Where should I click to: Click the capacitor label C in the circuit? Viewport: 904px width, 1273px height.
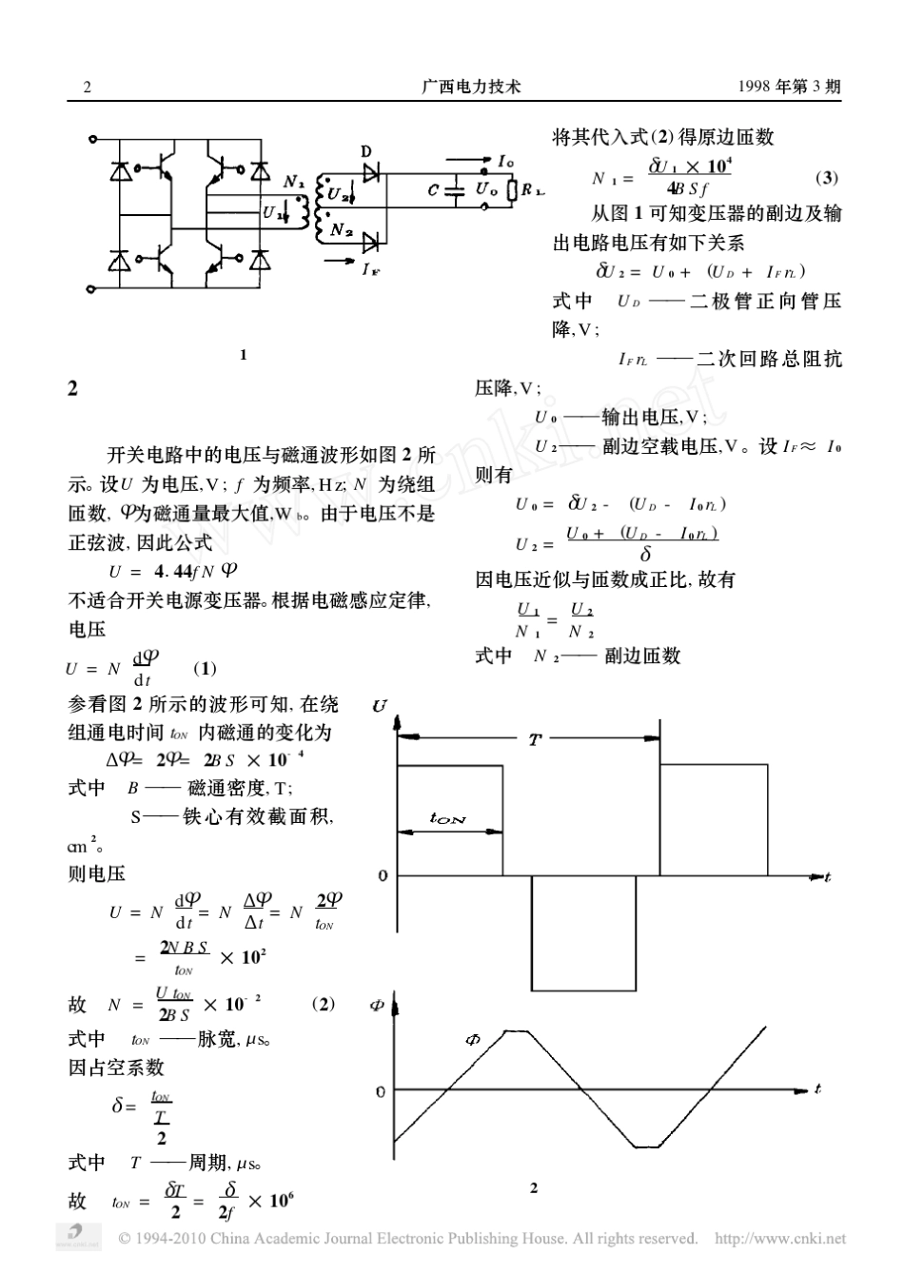click(x=434, y=190)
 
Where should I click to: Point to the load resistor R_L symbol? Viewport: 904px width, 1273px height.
click(x=512, y=190)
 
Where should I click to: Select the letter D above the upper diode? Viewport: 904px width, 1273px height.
click(x=367, y=152)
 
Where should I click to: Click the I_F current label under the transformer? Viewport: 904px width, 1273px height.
click(x=370, y=268)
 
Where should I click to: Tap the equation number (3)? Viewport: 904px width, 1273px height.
click(x=827, y=178)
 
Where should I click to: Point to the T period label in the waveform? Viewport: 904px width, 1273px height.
click(x=535, y=739)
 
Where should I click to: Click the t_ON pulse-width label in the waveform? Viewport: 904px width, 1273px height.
click(x=448, y=818)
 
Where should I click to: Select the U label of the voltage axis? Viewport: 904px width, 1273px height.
click(x=381, y=705)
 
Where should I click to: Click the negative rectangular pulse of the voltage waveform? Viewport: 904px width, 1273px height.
click(x=582, y=932)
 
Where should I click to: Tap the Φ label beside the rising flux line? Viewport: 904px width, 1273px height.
click(x=473, y=1040)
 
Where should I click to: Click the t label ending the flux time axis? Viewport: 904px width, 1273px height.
click(x=817, y=1087)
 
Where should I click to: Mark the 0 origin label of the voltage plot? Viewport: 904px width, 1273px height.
click(x=383, y=875)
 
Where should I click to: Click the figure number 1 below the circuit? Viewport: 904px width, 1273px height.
click(x=244, y=355)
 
